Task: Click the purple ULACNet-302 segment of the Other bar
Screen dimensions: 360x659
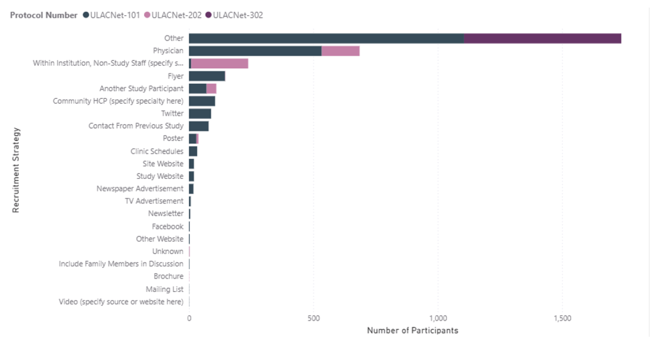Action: pos(542,39)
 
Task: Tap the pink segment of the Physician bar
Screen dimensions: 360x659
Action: pos(340,51)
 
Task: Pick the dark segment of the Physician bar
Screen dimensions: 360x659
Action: pos(255,51)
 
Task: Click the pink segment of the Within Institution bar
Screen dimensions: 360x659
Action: pos(219,63)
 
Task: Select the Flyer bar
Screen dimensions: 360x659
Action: pos(207,76)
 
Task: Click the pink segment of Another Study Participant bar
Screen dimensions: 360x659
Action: pos(211,89)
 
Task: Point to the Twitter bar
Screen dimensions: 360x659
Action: pos(200,114)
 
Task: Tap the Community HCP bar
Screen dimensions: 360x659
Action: pos(202,101)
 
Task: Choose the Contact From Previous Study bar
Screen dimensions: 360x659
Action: pos(199,126)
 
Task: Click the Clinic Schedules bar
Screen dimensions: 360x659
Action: pos(193,151)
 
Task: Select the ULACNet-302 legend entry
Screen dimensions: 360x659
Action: pos(234,15)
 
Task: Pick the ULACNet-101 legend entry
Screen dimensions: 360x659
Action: pos(111,15)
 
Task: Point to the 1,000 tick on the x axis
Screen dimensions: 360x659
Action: pos(438,318)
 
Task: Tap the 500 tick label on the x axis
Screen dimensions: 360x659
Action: pos(313,318)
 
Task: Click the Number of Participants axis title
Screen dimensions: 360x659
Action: pos(412,331)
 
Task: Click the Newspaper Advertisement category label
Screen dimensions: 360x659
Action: pos(140,189)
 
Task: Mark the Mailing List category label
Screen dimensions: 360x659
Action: pos(165,289)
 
